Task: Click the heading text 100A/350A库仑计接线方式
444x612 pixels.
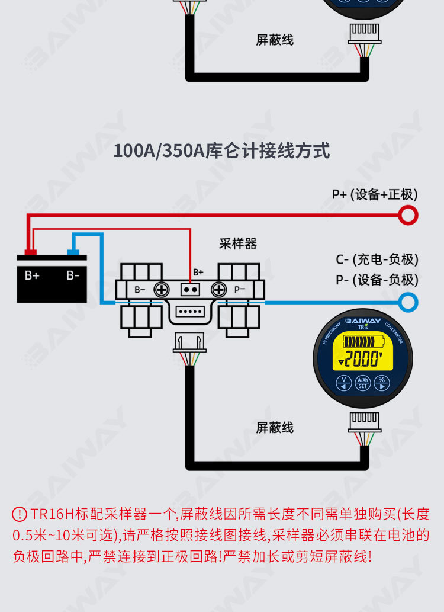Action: pos(221,150)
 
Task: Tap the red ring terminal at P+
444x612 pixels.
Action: pos(408,214)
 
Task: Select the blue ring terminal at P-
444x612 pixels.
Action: pos(408,302)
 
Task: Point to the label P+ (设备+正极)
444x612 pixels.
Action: pos(374,194)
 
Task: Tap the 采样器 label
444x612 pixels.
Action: pos(238,243)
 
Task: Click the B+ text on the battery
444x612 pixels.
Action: pos(32,275)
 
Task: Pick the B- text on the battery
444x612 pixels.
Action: pos(73,275)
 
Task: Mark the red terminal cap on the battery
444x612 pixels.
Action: pos(30,252)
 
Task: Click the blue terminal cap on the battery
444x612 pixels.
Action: pos(73,252)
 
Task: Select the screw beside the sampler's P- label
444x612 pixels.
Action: pos(218,290)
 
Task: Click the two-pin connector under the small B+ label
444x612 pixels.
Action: pos(189,290)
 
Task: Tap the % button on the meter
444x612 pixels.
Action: pos(382,382)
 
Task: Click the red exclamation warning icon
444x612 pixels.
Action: pos(20,514)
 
